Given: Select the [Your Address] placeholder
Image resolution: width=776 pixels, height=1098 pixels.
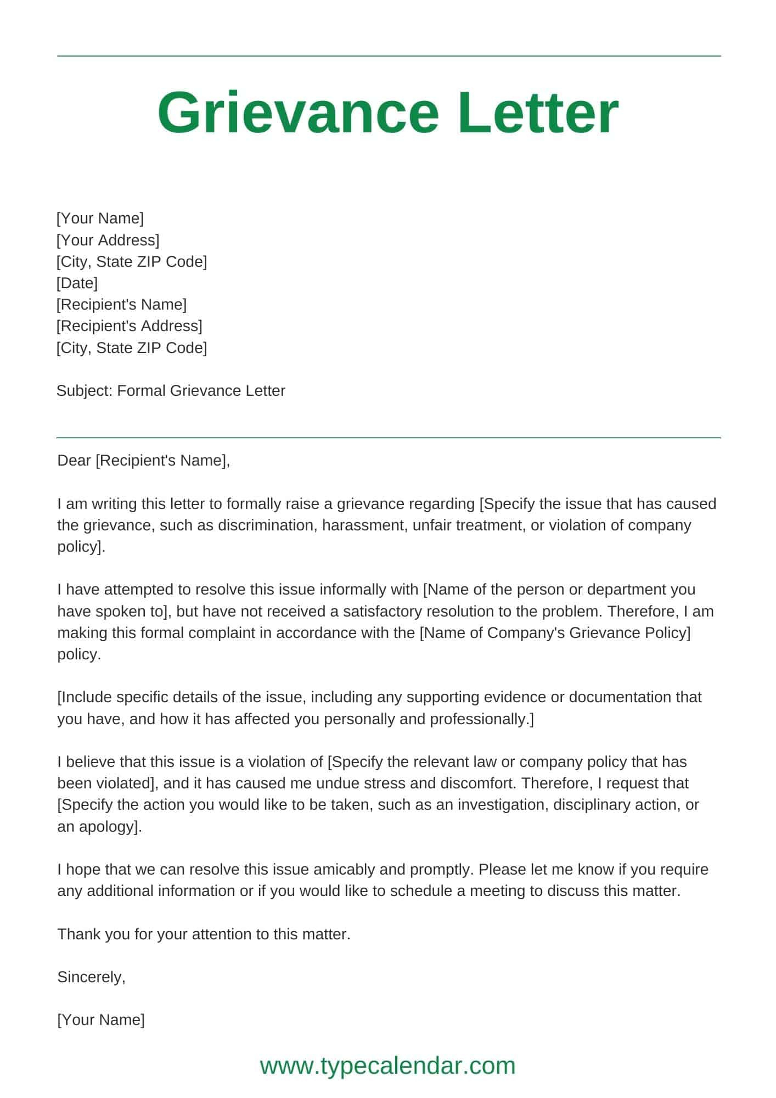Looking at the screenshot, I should (108, 240).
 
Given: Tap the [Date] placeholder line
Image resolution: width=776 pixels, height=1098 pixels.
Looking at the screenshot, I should (77, 283).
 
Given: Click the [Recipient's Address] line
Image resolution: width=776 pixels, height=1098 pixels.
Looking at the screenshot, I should (130, 326).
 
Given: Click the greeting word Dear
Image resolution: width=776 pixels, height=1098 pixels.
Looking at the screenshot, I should (74, 460).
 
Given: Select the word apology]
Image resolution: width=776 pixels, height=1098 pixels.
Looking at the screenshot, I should (111, 826).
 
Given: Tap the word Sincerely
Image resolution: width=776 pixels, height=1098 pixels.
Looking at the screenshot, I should (91, 977).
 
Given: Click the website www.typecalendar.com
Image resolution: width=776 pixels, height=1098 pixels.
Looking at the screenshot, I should (387, 1066).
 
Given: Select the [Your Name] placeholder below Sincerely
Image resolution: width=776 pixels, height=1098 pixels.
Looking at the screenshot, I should (101, 1020).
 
